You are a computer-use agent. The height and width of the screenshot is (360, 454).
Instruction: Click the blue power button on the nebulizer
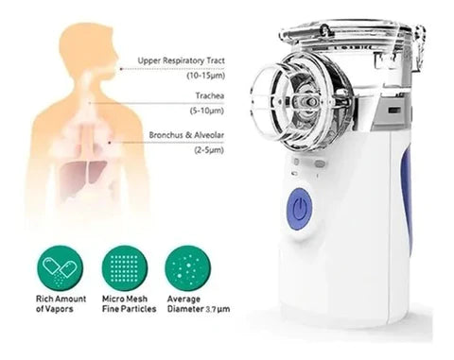[x=299, y=209]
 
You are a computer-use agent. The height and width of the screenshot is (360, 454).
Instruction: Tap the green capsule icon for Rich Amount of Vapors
[x=60, y=268]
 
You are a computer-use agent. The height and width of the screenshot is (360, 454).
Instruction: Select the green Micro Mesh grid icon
[x=125, y=268]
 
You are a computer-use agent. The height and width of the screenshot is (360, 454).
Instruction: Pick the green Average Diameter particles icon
[x=188, y=268]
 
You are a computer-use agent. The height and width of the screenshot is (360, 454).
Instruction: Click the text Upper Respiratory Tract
[x=181, y=60]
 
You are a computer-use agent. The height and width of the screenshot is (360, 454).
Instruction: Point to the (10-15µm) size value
[x=206, y=76]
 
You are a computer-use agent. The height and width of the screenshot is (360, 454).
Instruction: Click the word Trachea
[x=210, y=95]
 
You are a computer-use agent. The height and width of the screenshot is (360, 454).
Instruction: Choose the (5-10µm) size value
[x=207, y=111]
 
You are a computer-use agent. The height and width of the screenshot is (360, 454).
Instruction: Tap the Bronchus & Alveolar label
[x=186, y=135]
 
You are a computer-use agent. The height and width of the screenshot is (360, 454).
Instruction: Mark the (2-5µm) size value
[x=209, y=150]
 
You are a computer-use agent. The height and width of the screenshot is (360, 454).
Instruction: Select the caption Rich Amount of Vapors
[x=61, y=303]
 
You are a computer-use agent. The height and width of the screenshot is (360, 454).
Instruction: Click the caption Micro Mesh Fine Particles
[x=130, y=303]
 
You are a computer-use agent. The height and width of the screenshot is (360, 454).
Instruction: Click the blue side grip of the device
[x=408, y=201]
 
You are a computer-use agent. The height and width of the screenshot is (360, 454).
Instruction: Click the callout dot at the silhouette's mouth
[x=121, y=68]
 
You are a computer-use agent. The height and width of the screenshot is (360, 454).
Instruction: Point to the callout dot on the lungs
[x=110, y=143]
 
